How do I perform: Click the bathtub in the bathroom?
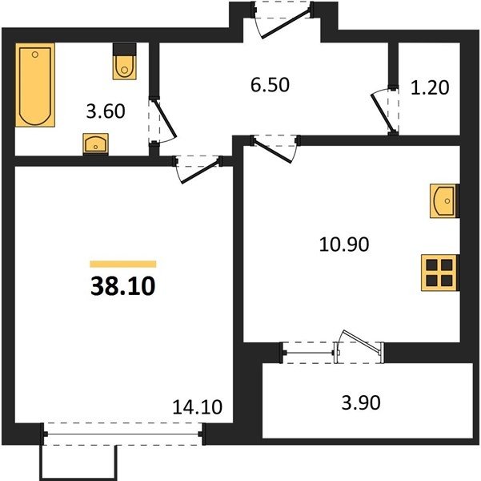click(35, 85)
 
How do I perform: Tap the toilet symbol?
click(125, 62)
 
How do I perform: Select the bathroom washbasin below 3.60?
click(96, 143)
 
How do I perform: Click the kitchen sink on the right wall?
click(444, 201)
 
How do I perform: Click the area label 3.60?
click(106, 111)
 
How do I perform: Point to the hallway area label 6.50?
click(270, 85)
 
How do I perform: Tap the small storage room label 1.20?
click(430, 87)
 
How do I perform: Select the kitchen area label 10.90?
click(344, 245)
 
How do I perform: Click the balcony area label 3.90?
click(361, 402)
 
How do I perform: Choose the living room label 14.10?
click(197, 407)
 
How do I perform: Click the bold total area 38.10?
click(123, 286)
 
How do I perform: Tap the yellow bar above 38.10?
click(123, 264)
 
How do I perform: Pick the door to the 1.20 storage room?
click(382, 112)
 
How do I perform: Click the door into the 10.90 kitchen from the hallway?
click(272, 152)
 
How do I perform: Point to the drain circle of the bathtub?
click(35, 55)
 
